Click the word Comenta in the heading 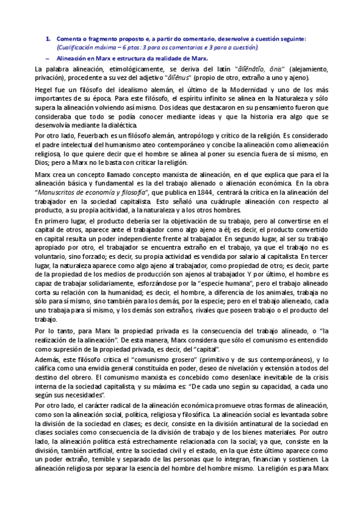68,39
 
